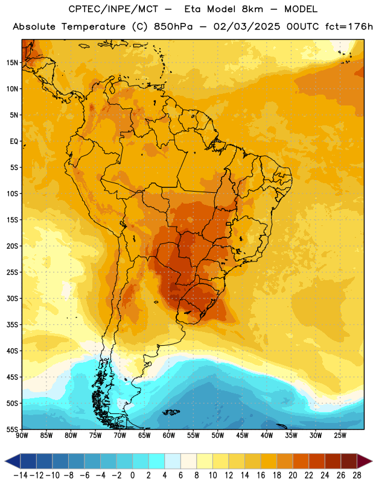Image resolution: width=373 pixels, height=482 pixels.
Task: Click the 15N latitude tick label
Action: click(12, 63)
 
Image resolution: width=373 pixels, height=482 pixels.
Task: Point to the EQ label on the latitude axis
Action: click(14, 142)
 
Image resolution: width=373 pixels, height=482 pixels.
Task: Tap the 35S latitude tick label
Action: click(12, 325)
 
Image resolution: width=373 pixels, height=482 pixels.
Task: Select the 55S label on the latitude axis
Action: click(12, 429)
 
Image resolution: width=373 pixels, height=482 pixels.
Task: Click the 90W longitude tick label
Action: click(22, 436)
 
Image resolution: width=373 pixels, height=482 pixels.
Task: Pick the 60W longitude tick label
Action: click(169, 436)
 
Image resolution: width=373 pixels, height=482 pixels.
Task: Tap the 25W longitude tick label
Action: click(340, 436)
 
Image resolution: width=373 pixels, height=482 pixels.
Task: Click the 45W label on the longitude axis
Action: click(242, 436)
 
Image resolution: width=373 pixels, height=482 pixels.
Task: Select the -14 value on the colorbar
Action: click(21, 475)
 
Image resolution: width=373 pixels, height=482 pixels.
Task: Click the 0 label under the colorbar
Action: click(133, 475)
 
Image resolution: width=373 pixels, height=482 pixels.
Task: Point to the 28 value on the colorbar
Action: click(357, 475)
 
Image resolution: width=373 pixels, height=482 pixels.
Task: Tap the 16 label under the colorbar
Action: click(261, 475)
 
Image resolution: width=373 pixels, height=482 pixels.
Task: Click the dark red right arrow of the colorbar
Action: click(365, 461)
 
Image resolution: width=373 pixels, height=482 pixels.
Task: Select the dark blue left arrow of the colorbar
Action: click(13, 461)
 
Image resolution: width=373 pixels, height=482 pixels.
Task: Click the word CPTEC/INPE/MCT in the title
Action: click(113, 9)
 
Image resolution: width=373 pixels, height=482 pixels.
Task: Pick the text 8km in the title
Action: click(252, 9)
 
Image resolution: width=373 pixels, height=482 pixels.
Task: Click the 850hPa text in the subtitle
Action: click(173, 27)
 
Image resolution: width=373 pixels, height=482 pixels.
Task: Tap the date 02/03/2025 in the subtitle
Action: click(247, 27)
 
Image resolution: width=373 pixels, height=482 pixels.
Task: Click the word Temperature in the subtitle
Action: click(94, 27)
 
